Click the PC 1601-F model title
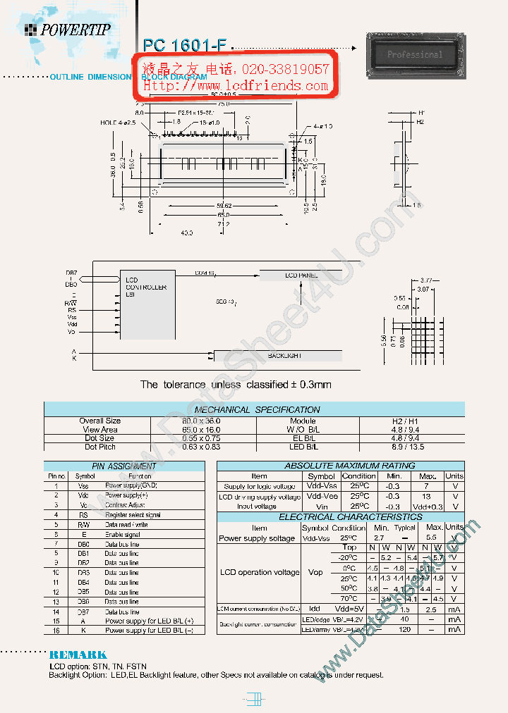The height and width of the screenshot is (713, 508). pyautogui.click(x=184, y=45)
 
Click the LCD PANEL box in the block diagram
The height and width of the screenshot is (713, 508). pyautogui.click(x=301, y=275)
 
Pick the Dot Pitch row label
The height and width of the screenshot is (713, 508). pyautogui.click(x=99, y=447)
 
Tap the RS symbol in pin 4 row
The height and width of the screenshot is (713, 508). pyautogui.click(x=83, y=514)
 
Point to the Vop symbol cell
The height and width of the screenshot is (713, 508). pyautogui.click(x=315, y=572)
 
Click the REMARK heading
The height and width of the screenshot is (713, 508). pyautogui.click(x=78, y=655)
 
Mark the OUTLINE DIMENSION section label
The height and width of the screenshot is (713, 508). pyautogui.click(x=90, y=77)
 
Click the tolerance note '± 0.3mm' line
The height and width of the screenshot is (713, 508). pyautogui.click(x=236, y=385)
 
